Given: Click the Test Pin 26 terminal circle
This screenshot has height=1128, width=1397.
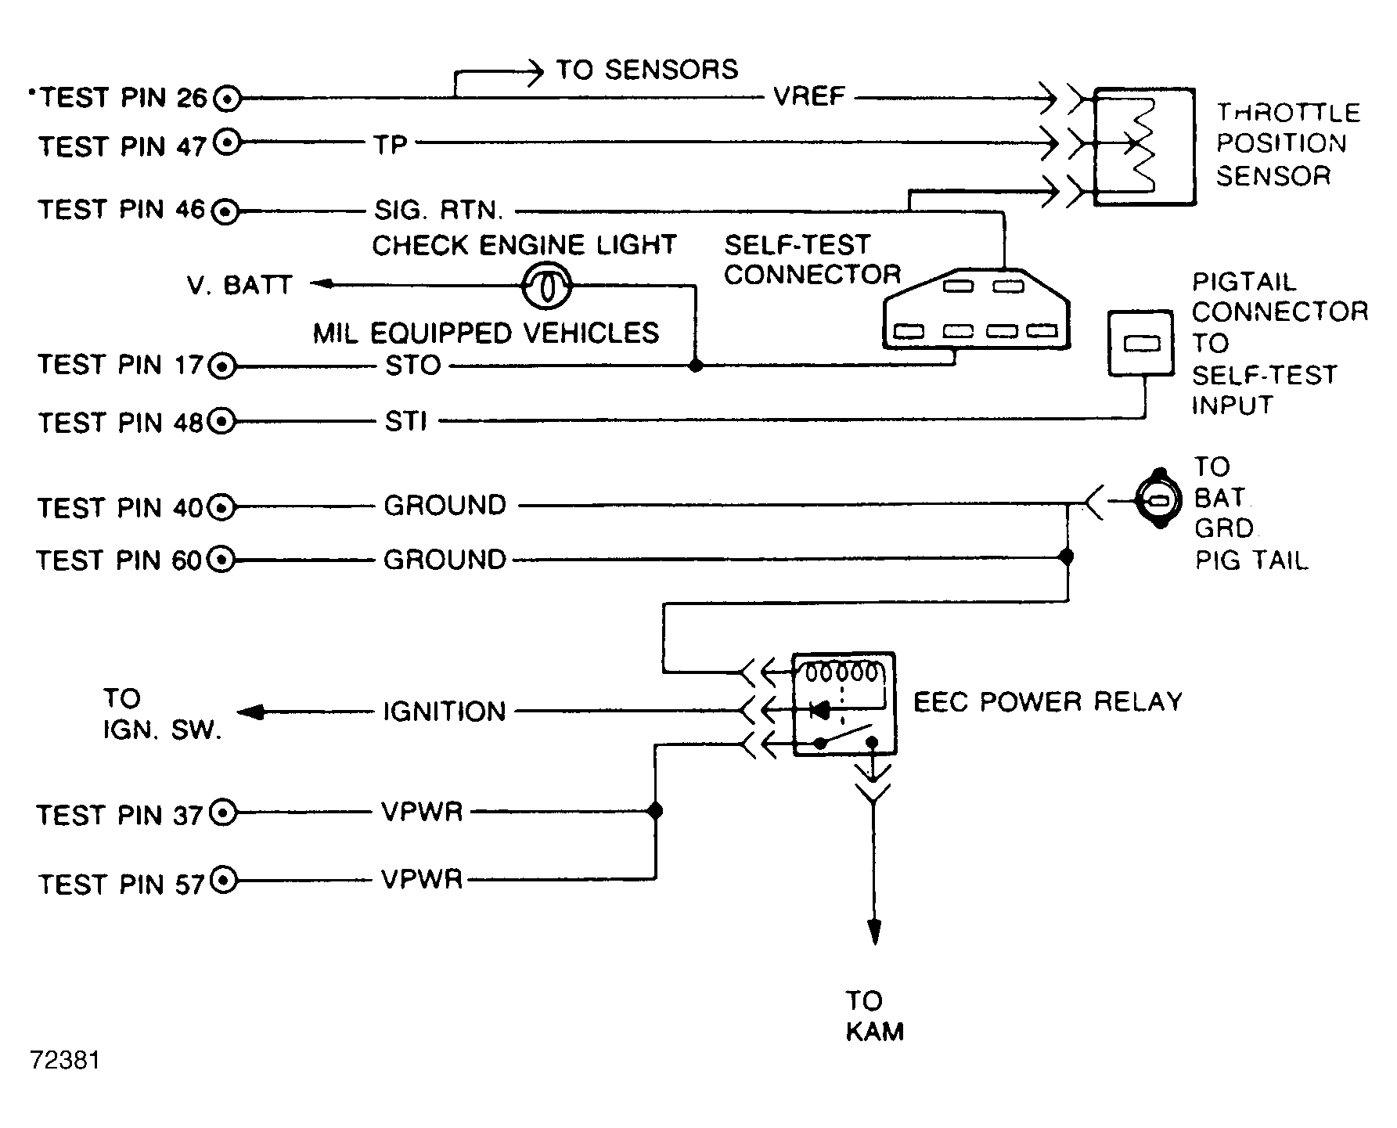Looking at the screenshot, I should pyautogui.click(x=227, y=99).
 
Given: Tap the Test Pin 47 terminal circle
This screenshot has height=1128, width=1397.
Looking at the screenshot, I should pyautogui.click(x=227, y=142).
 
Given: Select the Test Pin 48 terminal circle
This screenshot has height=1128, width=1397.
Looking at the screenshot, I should pyautogui.click(x=223, y=422).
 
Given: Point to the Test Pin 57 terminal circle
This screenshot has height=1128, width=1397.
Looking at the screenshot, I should pyautogui.click(x=224, y=881).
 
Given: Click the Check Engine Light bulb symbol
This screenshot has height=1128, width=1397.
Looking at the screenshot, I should pyautogui.click(x=546, y=286).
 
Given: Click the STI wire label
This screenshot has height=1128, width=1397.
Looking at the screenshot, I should pyautogui.click(x=405, y=422).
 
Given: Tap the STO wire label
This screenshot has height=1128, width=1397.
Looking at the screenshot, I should pyautogui.click(x=413, y=366).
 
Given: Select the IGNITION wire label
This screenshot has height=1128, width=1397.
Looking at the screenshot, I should pyautogui.click(x=444, y=712).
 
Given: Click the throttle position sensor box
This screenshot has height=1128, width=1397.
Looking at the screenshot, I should pyautogui.click(x=1143, y=146).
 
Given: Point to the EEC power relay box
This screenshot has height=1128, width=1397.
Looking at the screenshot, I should pyautogui.click(x=844, y=704).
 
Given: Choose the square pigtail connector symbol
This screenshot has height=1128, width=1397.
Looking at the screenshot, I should pyautogui.click(x=1140, y=343).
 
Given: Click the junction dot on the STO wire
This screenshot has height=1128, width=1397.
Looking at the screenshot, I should pyautogui.click(x=695, y=366).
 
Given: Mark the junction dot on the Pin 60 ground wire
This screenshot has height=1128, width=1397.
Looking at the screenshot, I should pyautogui.click(x=1065, y=557).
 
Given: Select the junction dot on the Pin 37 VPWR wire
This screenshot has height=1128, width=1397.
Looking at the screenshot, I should pyautogui.click(x=656, y=811).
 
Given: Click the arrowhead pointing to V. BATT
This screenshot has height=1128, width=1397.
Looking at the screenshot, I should pyautogui.click(x=321, y=284).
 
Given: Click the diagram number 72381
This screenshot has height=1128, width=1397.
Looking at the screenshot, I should pyautogui.click(x=65, y=1060).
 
